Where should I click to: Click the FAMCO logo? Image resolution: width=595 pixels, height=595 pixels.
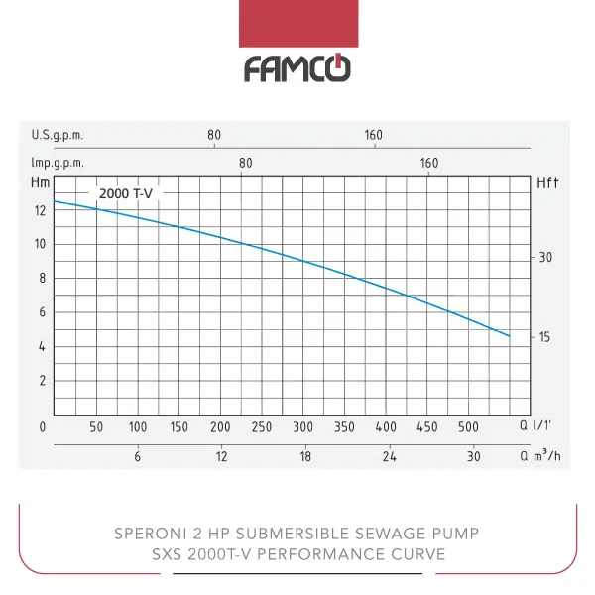pos(297,68)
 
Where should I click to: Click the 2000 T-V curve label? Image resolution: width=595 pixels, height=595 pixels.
pos(125,193)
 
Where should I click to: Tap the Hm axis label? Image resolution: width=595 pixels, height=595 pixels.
pos(41,182)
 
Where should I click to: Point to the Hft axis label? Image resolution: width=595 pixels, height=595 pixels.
pos(548,183)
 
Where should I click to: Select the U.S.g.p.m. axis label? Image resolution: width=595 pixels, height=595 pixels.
pos(56,135)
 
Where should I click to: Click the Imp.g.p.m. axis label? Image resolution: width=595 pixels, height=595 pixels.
pos(58,163)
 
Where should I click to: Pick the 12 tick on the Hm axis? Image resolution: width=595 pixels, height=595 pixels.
pos(40,210)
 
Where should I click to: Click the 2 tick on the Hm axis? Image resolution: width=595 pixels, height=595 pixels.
pos(42,380)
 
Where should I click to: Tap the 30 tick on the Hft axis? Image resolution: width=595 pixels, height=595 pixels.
pos(544,258)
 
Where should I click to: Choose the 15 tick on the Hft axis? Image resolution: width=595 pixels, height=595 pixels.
pos(544,337)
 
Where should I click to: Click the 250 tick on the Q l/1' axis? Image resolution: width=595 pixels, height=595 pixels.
pos(262,427)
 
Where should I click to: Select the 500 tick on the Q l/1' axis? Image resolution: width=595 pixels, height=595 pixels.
pos(468,427)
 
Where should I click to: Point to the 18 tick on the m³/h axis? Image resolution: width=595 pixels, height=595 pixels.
pos(305,457)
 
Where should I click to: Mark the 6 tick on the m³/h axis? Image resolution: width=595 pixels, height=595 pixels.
pos(138,457)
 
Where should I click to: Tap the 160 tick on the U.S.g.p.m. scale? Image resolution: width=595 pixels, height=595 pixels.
pos(374,135)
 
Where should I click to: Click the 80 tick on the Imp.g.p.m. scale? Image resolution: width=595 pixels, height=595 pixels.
pos(246,163)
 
